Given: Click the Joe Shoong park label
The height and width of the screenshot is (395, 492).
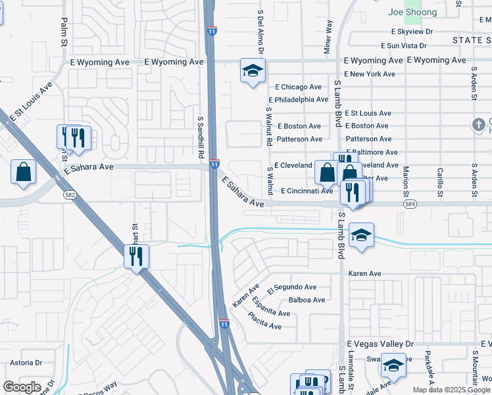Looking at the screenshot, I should click(x=412, y=13).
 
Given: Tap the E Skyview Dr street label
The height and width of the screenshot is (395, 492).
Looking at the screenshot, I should click(x=412, y=31).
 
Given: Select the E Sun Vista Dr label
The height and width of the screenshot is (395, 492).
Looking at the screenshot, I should click(x=408, y=45).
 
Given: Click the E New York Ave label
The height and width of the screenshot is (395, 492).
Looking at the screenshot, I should click(x=369, y=74).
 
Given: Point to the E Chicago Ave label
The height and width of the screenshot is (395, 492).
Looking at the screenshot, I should click(x=298, y=87).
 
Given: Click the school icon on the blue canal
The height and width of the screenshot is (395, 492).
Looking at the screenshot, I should click(x=361, y=235).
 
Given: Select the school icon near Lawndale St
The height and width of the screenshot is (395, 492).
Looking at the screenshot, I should click(x=393, y=365).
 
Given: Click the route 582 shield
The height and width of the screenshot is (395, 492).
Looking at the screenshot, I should click(x=69, y=195).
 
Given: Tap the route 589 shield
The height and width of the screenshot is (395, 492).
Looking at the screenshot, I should click(x=410, y=205).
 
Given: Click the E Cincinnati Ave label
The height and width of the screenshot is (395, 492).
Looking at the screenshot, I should click(x=307, y=191).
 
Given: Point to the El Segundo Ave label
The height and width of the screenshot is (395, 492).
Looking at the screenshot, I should click(x=292, y=288).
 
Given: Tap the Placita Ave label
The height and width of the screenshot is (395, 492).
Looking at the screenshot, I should click(x=264, y=326).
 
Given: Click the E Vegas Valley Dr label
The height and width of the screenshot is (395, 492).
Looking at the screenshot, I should click(x=380, y=344).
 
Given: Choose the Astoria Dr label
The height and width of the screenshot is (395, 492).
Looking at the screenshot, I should click(x=26, y=363).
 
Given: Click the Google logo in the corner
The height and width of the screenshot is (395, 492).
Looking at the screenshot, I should click(x=22, y=387).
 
